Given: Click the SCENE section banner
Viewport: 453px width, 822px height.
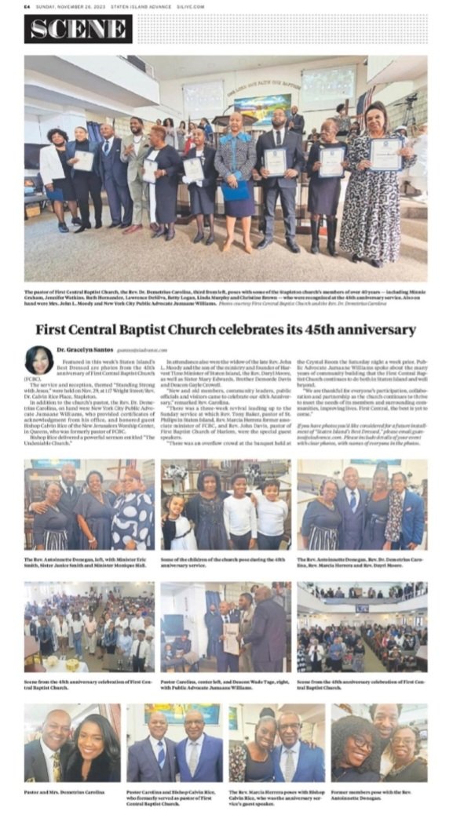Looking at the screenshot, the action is click(79, 29).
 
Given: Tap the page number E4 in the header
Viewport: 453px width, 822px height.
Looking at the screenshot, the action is click(27, 6).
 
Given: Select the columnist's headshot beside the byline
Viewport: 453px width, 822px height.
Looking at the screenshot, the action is click(39, 359).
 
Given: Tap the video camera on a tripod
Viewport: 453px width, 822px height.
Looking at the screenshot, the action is click(409, 110).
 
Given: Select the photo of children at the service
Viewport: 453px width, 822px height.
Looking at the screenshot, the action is click(225, 504).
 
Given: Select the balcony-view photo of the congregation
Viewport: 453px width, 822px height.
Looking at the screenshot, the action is click(362, 627).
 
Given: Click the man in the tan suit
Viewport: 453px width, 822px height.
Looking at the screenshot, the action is click(137, 176).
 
